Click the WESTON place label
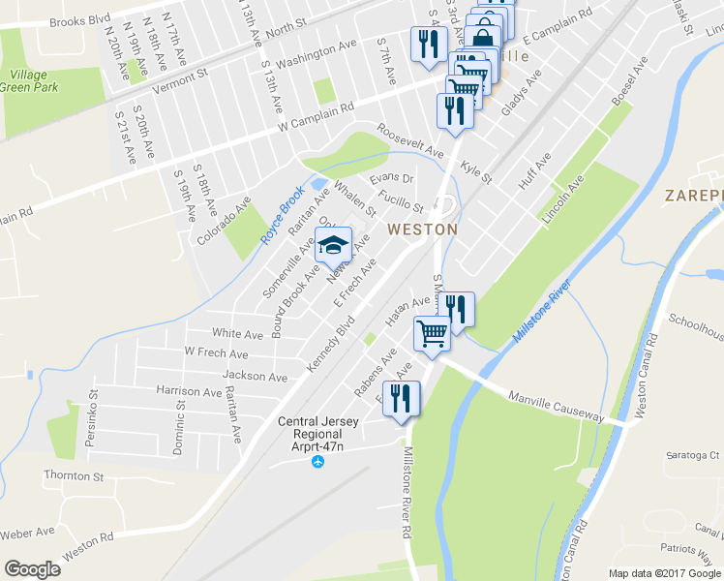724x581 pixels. click(x=421, y=229)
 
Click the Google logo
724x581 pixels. click(x=33, y=569)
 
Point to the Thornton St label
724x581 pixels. click(x=73, y=475)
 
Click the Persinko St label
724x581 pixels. click(x=95, y=423)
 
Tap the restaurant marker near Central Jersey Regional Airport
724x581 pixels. click(x=400, y=399)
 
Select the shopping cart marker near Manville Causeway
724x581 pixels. click(x=432, y=335)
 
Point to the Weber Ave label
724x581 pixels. click(x=27, y=533)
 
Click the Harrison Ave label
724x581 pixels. click(x=189, y=392)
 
